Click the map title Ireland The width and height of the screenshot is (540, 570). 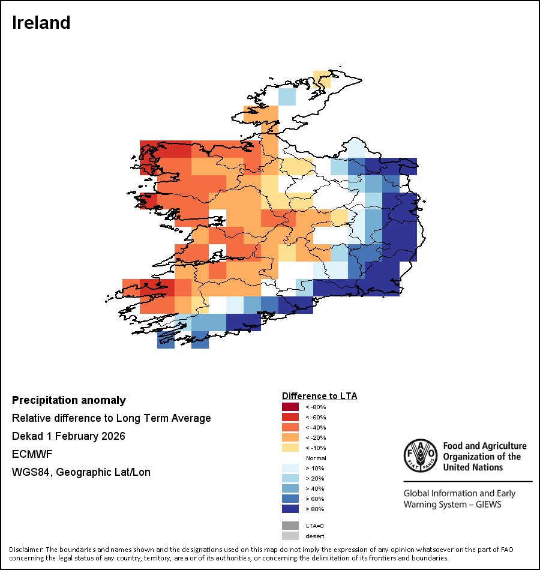(41, 23)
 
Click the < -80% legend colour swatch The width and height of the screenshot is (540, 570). (290, 407)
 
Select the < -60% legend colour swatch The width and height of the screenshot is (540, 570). (290, 417)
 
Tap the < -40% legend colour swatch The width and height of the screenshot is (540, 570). (290, 427)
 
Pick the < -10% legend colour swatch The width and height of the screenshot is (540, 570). (290, 448)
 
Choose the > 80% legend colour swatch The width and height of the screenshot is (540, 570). (290, 509)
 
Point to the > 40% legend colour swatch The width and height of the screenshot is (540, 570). (290, 488)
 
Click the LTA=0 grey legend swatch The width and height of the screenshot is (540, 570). (290, 525)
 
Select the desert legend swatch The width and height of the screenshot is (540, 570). (290, 536)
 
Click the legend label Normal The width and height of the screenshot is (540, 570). (316, 458)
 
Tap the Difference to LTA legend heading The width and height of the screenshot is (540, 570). (319, 396)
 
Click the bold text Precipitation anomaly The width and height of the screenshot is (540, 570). (69, 400)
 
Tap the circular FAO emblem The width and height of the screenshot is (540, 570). (419, 457)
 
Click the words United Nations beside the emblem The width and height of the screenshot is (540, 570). (475, 467)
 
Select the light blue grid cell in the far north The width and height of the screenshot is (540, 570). (287, 97)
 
